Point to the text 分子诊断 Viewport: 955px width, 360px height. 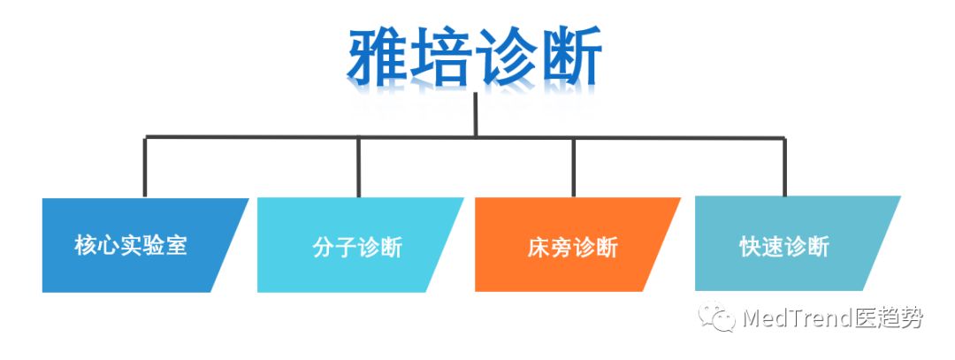click(357, 246)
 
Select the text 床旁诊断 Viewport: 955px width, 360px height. click(572, 246)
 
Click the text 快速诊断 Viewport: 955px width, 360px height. click(784, 246)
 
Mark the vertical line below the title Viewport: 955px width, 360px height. click(476, 113)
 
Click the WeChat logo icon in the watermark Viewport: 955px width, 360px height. click(716, 317)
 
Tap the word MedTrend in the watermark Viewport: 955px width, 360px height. click(793, 318)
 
